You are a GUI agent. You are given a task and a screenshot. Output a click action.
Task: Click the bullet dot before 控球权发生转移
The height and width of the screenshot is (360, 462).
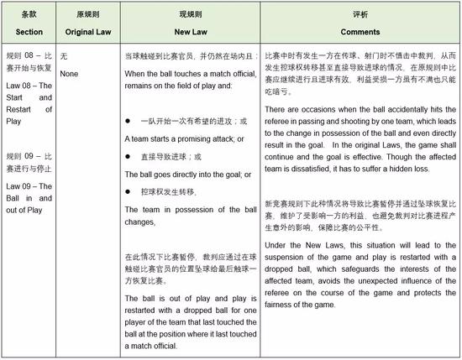pyautogui.click(x=128, y=192)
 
